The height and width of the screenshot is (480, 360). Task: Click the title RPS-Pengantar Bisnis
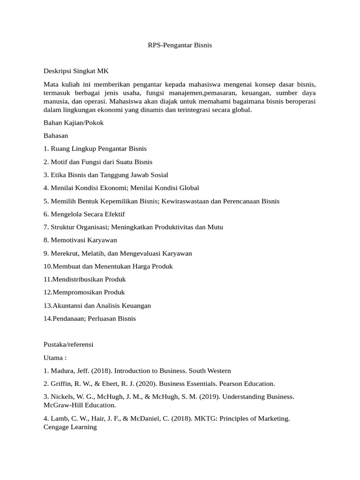click(177, 45)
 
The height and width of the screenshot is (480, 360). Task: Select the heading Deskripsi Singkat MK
click(76, 72)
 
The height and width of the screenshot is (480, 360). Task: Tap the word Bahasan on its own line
click(56, 135)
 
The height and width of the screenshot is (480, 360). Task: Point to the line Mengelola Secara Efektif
click(84, 214)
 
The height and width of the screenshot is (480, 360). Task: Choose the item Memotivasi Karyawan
click(80, 240)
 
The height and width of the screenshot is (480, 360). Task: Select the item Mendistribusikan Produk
click(84, 279)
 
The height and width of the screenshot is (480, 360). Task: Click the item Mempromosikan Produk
click(84, 292)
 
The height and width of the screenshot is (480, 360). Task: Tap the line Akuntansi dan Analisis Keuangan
click(97, 306)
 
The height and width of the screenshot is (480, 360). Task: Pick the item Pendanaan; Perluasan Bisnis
click(90, 319)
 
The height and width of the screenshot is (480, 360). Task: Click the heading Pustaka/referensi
click(68, 345)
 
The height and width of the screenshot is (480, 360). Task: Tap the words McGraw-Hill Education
click(79, 405)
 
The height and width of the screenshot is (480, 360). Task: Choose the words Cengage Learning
click(70, 427)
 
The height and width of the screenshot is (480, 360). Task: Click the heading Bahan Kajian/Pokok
click(74, 123)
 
